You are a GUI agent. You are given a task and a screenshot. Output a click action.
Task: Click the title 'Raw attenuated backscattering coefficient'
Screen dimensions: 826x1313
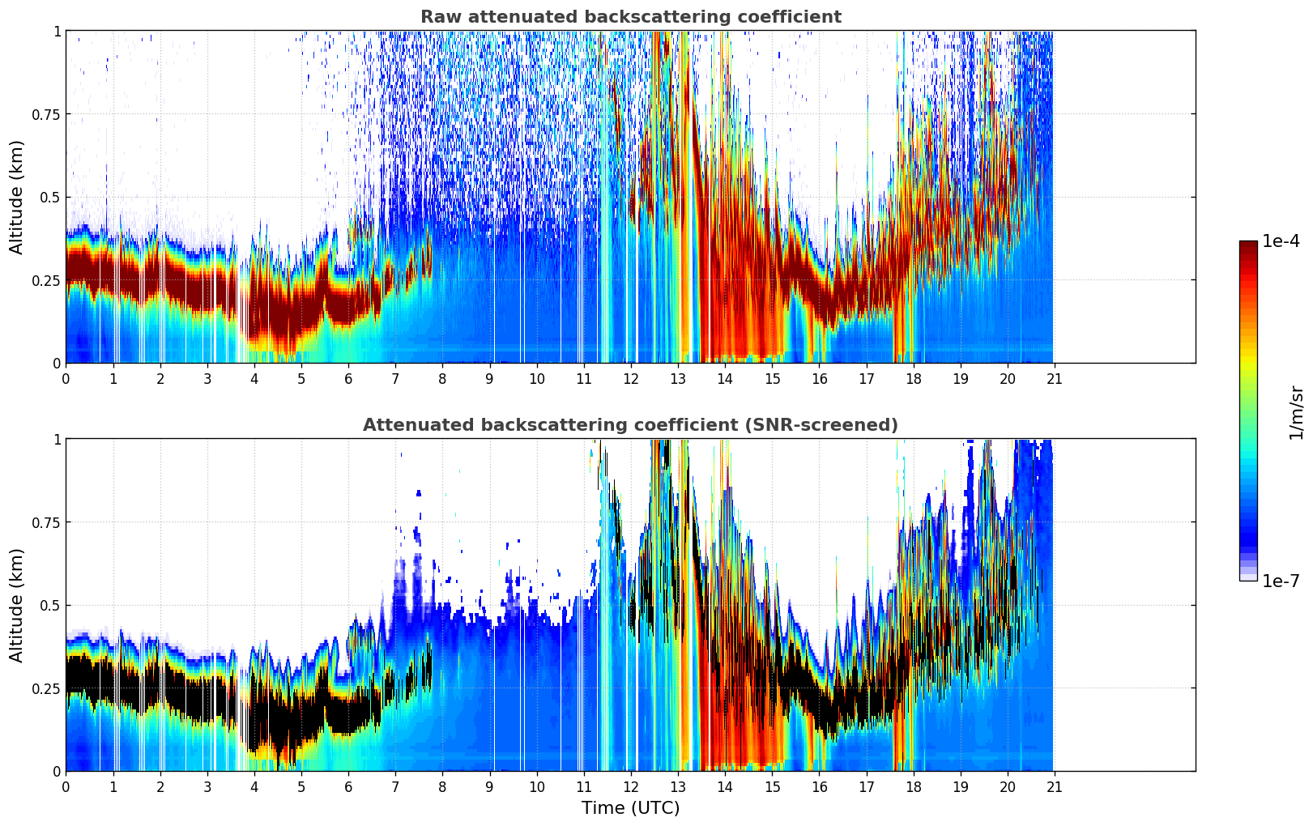[630, 17]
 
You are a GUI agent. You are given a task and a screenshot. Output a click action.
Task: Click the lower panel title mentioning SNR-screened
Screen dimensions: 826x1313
[630, 425]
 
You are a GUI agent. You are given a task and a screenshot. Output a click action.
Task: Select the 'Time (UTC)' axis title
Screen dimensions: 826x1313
[630, 808]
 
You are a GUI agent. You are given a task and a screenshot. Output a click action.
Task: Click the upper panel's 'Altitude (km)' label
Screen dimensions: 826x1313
[17, 197]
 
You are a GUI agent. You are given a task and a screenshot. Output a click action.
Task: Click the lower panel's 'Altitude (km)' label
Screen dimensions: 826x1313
[17, 605]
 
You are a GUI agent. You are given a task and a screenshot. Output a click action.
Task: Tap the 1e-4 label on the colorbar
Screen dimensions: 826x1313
[1281, 241]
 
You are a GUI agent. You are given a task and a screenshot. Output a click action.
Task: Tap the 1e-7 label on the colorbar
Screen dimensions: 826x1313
[1281, 581]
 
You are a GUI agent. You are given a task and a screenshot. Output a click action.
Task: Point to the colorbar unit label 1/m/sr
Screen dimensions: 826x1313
[1296, 412]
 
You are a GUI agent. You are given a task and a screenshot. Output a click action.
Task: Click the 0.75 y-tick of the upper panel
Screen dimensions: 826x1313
[45, 114]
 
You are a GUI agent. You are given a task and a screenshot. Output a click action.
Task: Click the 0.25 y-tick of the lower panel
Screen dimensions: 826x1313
[45, 688]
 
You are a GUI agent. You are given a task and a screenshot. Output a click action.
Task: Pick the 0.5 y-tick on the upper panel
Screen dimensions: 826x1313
[50, 197]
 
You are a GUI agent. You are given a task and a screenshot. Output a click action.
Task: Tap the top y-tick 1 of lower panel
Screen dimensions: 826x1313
[57, 439]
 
